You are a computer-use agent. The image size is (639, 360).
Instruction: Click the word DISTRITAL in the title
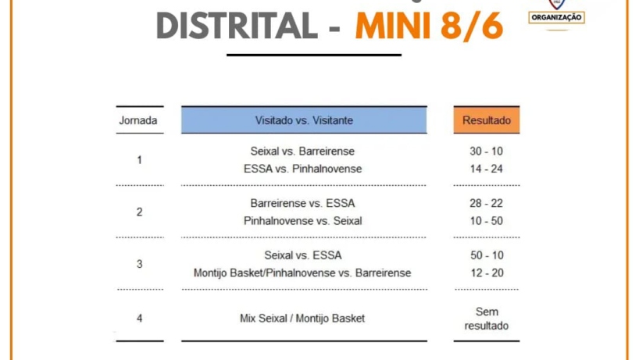[237, 25]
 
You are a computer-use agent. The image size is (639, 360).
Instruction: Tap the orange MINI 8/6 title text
[429, 26]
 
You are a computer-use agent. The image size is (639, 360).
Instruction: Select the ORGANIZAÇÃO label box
[557, 17]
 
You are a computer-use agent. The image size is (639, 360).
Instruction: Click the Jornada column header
[138, 120]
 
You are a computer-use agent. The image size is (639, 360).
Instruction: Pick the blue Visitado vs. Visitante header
[304, 120]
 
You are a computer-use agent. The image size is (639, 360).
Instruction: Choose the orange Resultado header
[487, 120]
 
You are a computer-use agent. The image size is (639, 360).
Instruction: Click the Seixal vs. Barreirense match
[302, 151]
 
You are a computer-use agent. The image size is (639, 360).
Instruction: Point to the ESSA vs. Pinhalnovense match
[303, 169]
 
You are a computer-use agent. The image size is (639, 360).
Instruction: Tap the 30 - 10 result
[486, 151]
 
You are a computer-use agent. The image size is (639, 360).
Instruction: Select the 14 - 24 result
[486, 169]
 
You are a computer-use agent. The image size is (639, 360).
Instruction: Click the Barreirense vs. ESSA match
[302, 203]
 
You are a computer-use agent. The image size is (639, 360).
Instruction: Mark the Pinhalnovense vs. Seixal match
[303, 221]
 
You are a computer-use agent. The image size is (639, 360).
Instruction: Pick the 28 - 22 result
[486, 203]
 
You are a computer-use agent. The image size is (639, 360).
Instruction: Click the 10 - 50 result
[486, 221]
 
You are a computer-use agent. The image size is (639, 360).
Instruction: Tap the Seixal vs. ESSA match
[303, 255]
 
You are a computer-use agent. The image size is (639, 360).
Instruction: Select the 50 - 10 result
[487, 255]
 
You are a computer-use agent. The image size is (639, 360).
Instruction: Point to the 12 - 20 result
[487, 273]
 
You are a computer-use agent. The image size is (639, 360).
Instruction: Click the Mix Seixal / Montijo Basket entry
[302, 318]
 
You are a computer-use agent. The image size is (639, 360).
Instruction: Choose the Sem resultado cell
[487, 319]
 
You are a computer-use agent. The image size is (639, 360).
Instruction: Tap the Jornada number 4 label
[139, 318]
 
